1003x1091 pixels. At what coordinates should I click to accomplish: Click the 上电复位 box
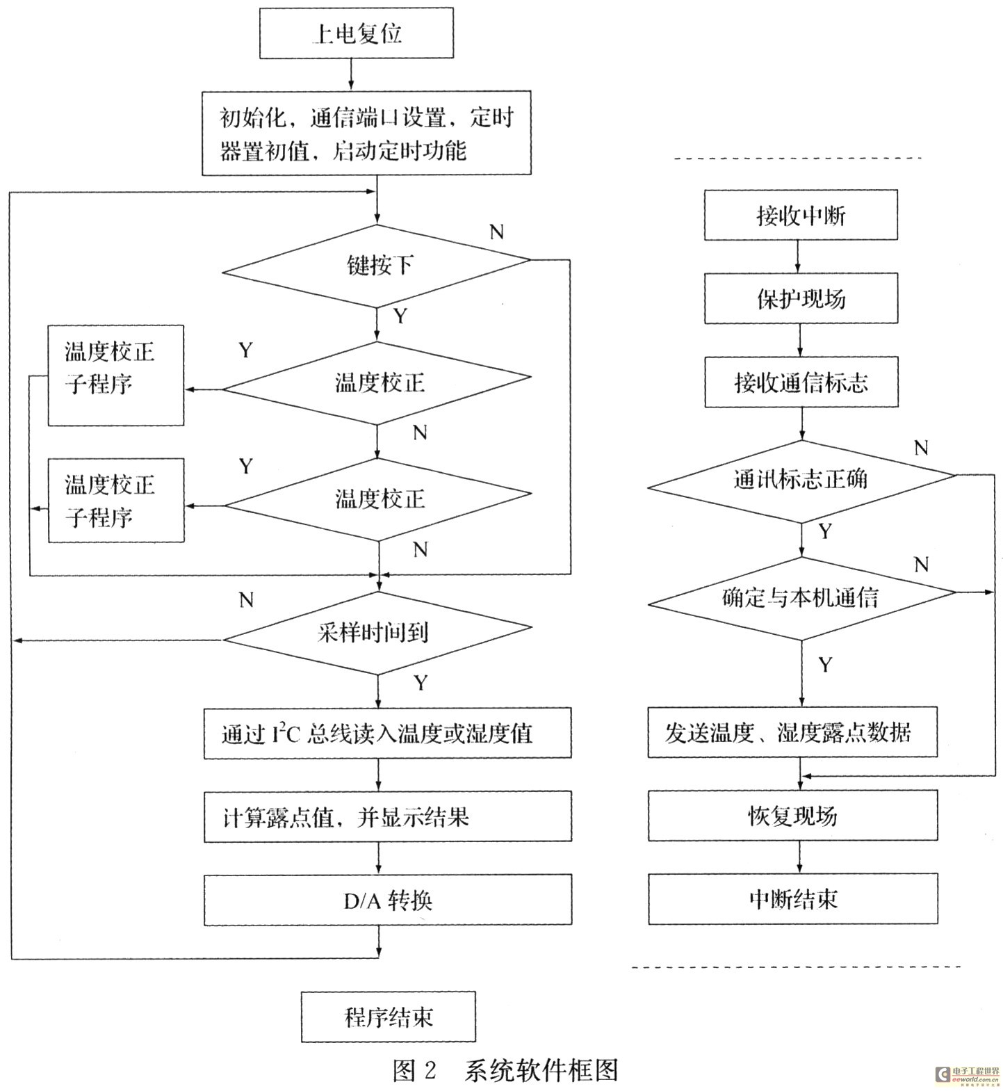pyautogui.click(x=357, y=33)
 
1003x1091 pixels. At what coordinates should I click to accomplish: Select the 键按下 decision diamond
pyautogui.click(x=377, y=265)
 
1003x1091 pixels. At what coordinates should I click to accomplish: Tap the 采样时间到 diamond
pyautogui.click(x=377, y=632)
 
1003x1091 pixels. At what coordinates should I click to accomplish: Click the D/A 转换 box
pyautogui.click(x=388, y=900)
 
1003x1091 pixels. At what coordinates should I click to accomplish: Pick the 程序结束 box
pyautogui.click(x=389, y=1017)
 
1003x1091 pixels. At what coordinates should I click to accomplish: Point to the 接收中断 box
pyautogui.click(x=801, y=216)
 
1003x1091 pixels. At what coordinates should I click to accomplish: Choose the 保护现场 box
pyautogui.click(x=801, y=298)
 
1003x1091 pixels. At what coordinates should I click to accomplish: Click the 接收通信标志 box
pyautogui.click(x=801, y=382)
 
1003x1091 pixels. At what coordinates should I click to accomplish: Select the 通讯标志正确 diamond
pyautogui.click(x=801, y=480)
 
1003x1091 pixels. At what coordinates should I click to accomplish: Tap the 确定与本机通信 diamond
pyautogui.click(x=801, y=598)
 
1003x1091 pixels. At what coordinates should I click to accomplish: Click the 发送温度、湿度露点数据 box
pyautogui.click(x=792, y=732)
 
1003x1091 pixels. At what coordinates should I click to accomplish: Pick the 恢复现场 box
pyautogui.click(x=793, y=816)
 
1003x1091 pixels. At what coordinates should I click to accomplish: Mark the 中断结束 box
pyautogui.click(x=793, y=899)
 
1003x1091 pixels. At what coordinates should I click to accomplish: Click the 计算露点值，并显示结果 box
pyautogui.click(x=388, y=816)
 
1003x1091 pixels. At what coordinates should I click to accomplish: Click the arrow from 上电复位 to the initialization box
pyautogui.click(x=351, y=74)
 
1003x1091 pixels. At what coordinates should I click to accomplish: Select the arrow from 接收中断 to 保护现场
pyautogui.click(x=798, y=257)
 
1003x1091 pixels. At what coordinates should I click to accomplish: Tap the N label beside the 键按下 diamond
pyautogui.click(x=496, y=232)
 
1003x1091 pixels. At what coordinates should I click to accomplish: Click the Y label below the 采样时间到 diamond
pyautogui.click(x=421, y=683)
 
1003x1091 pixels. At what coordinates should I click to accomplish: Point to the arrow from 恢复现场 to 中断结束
pyautogui.click(x=799, y=857)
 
